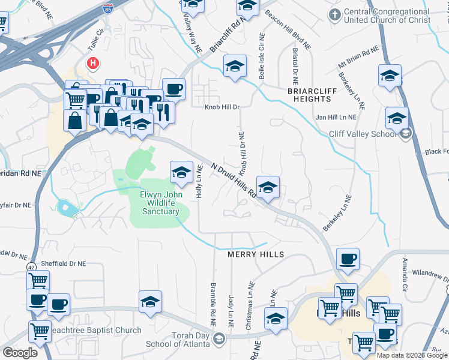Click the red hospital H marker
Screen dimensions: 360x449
(93, 62)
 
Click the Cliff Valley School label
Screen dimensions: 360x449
(362, 134)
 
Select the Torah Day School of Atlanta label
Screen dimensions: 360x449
(178, 340)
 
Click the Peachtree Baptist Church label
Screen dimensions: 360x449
(95, 330)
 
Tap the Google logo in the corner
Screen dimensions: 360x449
(19, 352)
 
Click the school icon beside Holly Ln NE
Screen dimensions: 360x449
(181, 172)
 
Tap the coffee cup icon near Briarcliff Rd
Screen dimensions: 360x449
(173, 89)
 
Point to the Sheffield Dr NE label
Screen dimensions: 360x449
(64, 263)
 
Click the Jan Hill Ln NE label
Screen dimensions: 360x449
(336, 118)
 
